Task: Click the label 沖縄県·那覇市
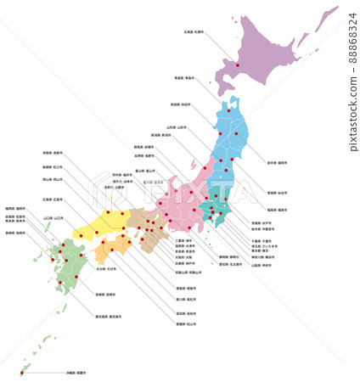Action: tap(76, 372)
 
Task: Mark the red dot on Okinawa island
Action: tap(20, 373)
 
